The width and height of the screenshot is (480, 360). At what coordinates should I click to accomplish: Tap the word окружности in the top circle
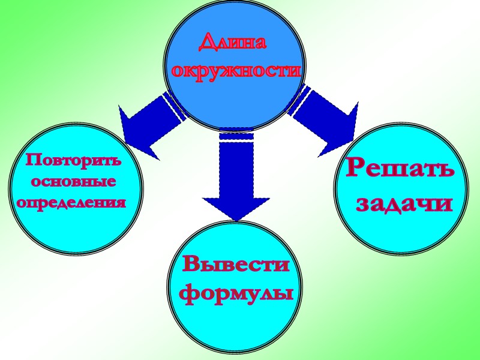[x=235, y=71]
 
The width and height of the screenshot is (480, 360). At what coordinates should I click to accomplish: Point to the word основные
[x=73, y=181]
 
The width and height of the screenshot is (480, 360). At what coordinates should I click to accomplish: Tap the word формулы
[x=236, y=294]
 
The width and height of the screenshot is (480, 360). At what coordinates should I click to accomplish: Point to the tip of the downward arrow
[x=236, y=220]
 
